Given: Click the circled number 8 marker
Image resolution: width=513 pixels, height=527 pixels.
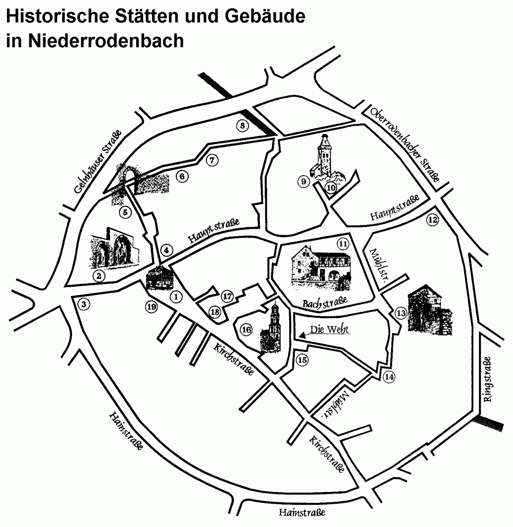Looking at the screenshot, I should [x=242, y=126].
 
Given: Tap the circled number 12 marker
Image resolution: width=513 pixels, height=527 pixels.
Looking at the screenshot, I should [x=432, y=220].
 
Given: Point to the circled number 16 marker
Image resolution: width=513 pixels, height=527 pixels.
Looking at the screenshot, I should [x=246, y=330].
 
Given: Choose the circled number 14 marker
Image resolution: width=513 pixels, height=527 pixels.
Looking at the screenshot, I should [x=389, y=377].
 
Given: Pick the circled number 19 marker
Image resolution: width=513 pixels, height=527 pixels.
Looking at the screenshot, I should [x=151, y=307].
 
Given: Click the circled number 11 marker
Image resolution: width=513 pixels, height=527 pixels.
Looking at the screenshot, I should [x=343, y=244].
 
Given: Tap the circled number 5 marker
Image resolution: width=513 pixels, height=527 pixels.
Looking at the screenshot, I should [x=125, y=212].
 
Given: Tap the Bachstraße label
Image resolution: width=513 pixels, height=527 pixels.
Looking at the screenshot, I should [x=325, y=302].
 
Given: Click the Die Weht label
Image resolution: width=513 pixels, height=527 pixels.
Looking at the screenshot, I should [x=329, y=330].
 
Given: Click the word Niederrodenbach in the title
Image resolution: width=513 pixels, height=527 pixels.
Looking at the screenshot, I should [x=106, y=40].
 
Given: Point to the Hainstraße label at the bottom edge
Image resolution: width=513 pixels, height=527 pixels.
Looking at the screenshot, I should [x=302, y=513].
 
